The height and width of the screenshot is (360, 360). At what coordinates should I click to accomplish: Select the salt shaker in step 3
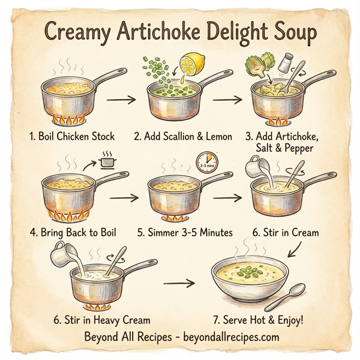click(x=287, y=62)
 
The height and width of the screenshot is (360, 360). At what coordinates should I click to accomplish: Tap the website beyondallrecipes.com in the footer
click(x=229, y=337)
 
